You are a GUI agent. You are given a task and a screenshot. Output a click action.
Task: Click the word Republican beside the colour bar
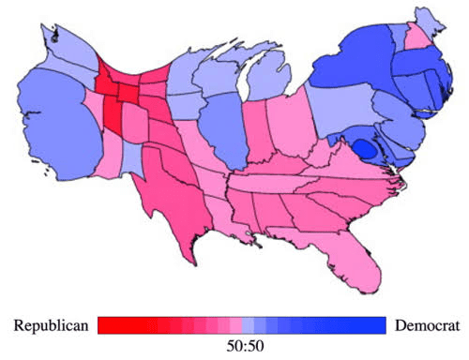tap(51, 326)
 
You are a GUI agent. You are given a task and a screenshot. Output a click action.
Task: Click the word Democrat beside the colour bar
tap(427, 325)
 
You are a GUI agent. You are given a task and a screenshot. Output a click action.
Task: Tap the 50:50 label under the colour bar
tap(245, 346)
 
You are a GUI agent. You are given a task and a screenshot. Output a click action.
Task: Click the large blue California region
tap(59, 125)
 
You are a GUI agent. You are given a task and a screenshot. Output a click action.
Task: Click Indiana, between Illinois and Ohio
tap(257, 131)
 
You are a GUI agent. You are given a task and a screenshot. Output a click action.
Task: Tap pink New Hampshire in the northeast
tap(418, 37)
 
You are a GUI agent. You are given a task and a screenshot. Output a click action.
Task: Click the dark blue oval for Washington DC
tap(365, 148)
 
